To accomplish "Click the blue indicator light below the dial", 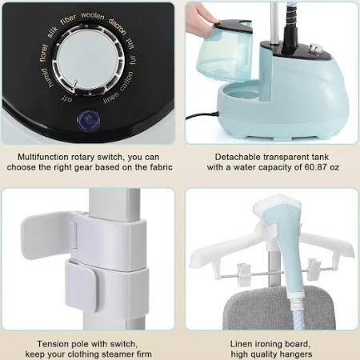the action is click(89, 120).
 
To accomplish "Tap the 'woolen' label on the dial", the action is click(93, 16).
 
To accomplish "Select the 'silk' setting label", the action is click(52, 32).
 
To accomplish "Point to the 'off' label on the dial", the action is click(66, 99).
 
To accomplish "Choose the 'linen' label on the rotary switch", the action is click(111, 98).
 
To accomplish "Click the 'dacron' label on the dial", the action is click(118, 26).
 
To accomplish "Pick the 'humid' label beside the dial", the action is click(47, 78).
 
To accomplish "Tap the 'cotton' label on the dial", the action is click(126, 81).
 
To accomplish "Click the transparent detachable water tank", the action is click(225, 50).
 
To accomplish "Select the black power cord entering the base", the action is click(202, 116).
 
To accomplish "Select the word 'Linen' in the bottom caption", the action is click(241, 344).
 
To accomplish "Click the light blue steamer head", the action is click(282, 240).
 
